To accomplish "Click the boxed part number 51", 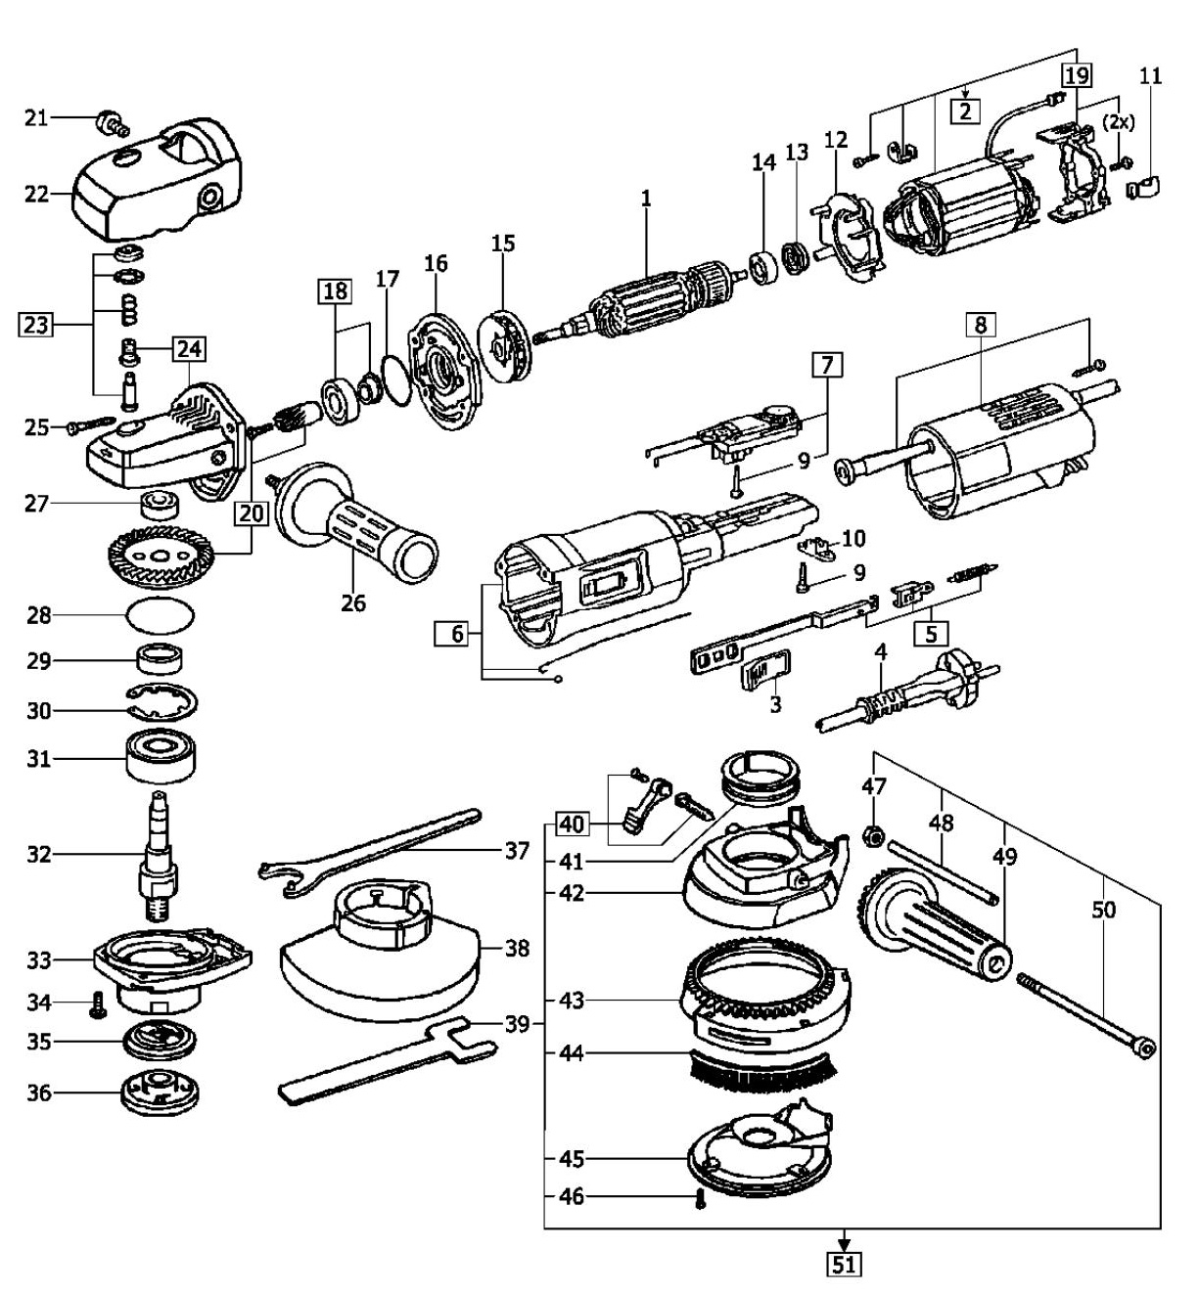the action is [844, 1265].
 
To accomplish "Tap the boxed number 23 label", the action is [36, 324].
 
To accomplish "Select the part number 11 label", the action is [1150, 77].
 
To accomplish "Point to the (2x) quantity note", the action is [1118, 121].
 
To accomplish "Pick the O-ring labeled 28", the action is [161, 614].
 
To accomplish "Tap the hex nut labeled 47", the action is [874, 836].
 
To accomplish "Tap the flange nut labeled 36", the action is [160, 1093].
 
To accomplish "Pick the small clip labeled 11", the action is [1143, 187].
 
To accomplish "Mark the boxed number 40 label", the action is [573, 825].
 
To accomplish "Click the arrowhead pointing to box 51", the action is [845, 1243].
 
